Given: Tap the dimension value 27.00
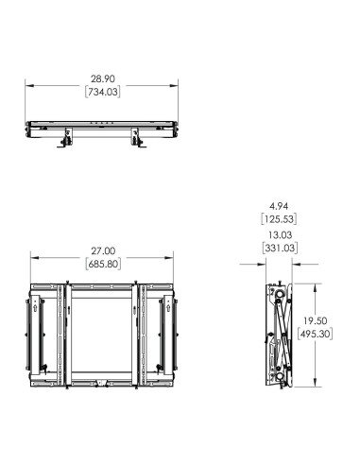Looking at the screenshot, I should click(103, 250).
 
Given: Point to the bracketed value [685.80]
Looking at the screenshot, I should click(103, 265).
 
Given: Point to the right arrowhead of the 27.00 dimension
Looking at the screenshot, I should click(174, 258).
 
